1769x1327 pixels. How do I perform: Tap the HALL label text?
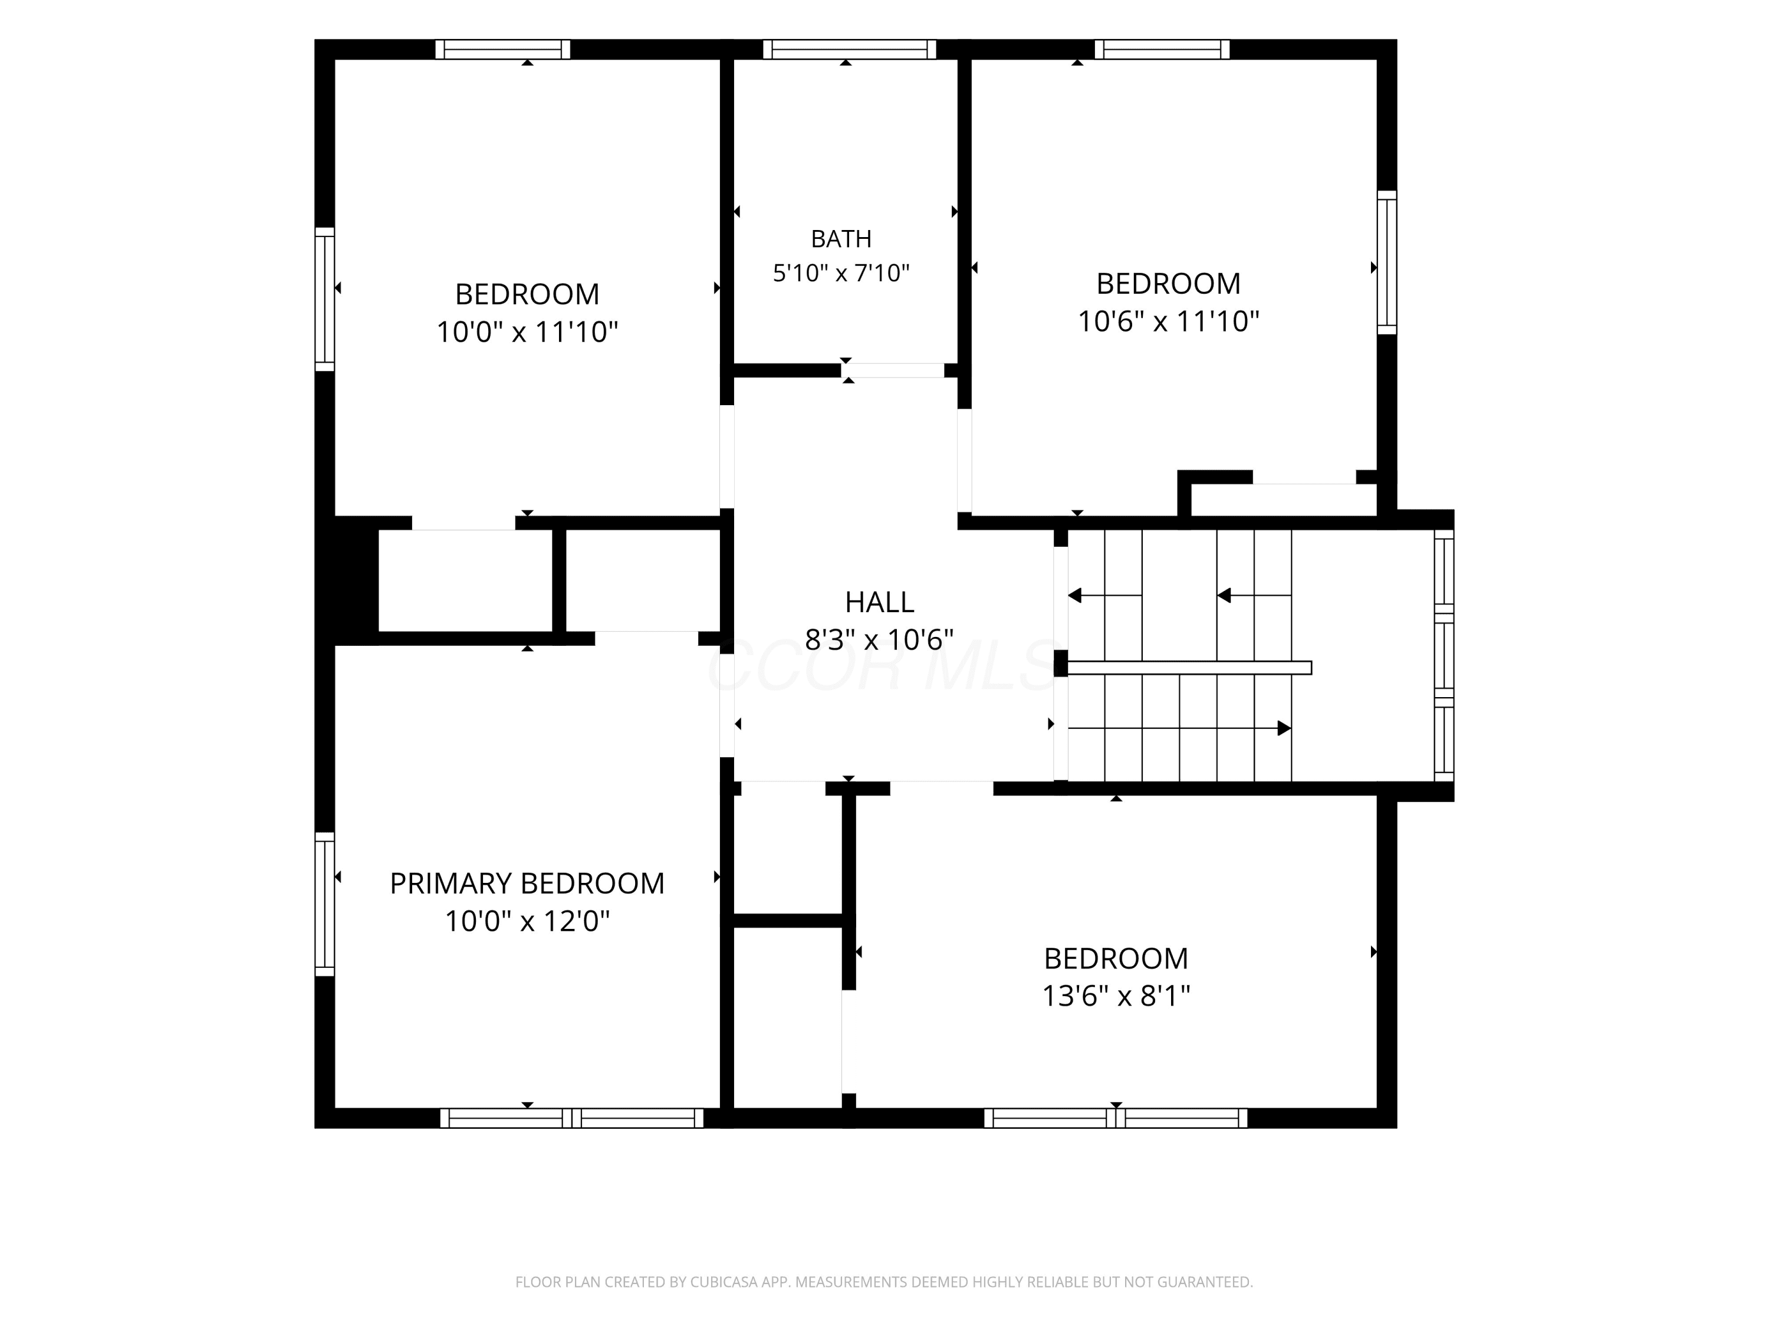click(879, 602)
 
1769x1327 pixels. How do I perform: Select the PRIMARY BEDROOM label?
click(527, 883)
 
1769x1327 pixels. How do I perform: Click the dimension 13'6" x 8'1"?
click(1116, 996)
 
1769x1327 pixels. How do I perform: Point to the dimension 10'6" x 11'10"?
click(1168, 321)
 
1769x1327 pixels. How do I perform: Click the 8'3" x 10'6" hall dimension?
click(879, 639)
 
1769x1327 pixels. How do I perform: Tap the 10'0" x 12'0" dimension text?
click(527, 921)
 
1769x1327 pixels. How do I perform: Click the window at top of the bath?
click(849, 50)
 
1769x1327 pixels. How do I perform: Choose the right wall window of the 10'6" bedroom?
click(1387, 262)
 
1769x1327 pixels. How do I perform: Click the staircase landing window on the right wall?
click(1444, 655)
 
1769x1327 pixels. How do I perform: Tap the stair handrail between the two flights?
click(1190, 668)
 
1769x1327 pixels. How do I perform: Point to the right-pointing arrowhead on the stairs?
click(1284, 728)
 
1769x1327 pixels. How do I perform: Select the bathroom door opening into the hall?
click(893, 370)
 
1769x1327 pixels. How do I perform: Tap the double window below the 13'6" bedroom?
click(1116, 1118)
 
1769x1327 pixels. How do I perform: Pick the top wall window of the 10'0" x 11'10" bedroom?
click(503, 50)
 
